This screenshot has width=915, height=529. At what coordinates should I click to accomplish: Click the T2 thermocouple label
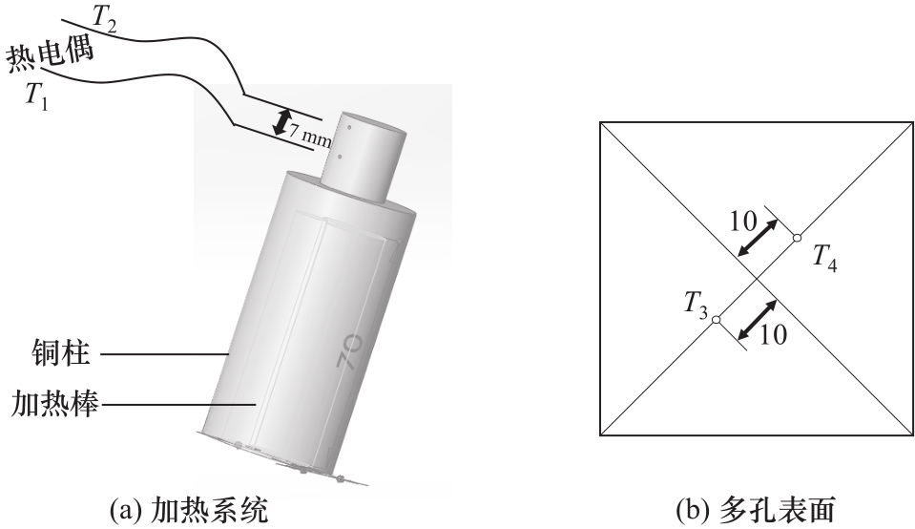[105, 20]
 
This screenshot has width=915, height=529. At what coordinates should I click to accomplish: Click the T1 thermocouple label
[37, 95]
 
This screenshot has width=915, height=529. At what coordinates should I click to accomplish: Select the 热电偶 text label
[51, 56]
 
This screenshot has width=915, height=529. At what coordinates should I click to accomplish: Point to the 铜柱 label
[61, 352]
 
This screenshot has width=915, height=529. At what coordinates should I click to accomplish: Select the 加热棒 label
[54, 404]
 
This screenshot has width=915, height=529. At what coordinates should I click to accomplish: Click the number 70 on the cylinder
[349, 350]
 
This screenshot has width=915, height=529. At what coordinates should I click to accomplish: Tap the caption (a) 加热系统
[189, 510]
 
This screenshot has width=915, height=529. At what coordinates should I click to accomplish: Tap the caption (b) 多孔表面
[755, 510]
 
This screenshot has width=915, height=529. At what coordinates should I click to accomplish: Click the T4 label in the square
[825, 258]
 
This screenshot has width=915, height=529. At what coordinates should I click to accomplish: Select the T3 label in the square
[696, 306]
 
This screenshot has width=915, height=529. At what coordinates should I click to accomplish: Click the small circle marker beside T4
[797, 237]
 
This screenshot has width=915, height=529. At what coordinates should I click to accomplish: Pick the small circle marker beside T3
[717, 319]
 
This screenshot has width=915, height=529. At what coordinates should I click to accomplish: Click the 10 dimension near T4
[743, 221]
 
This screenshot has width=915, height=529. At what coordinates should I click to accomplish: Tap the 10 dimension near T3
[773, 334]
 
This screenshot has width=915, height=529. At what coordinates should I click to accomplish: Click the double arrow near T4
[758, 238]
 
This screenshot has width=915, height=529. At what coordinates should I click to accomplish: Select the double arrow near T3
[758, 319]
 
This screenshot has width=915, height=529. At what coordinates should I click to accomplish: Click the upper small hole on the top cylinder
[349, 126]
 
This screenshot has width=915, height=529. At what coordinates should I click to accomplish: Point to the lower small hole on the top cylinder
[340, 157]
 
